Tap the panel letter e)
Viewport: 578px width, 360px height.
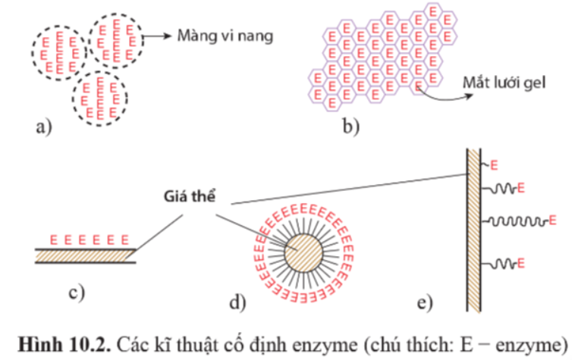pos(426,303)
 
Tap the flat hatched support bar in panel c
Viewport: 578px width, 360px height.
pos(84,255)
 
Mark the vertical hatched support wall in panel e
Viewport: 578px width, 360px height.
pos(473,227)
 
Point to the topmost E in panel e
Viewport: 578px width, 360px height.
pos(494,164)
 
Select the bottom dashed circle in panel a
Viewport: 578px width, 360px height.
pos(99,97)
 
